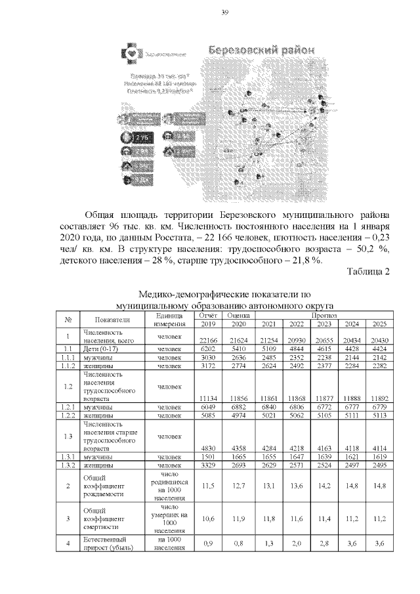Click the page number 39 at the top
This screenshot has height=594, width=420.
point(224,13)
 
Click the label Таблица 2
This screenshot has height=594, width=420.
point(369,272)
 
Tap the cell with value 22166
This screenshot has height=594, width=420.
point(207,339)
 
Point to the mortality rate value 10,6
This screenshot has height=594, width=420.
point(207,519)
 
